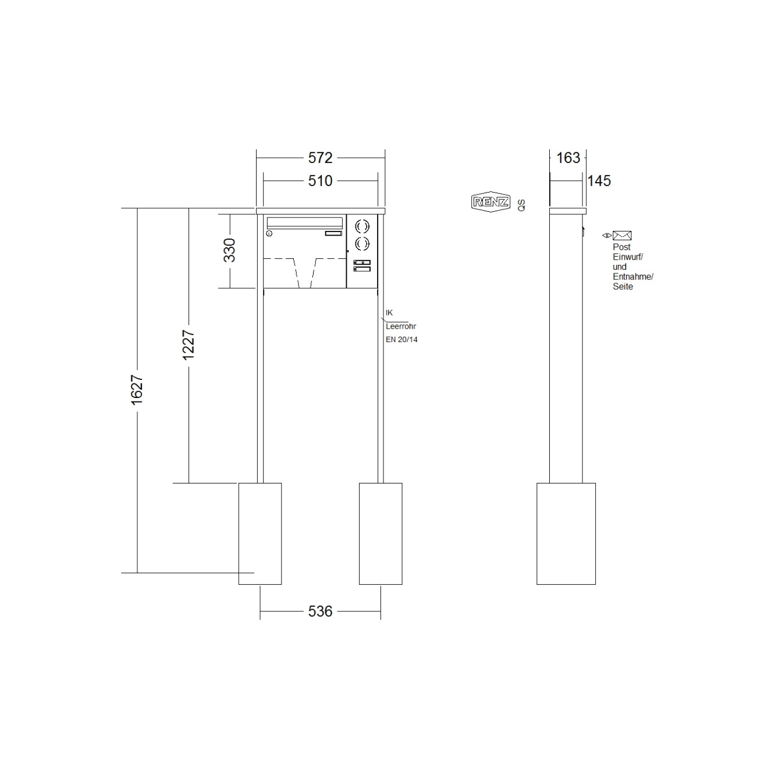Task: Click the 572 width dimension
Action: [320, 158]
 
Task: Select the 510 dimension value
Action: [320, 181]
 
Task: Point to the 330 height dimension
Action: [230, 250]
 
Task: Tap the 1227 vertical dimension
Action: [188, 345]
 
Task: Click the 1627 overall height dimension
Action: [137, 390]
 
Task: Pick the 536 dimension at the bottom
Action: [320, 611]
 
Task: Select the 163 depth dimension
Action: [568, 158]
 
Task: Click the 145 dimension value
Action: [599, 181]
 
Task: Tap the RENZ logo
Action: [490, 202]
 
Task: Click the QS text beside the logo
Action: [521, 205]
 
